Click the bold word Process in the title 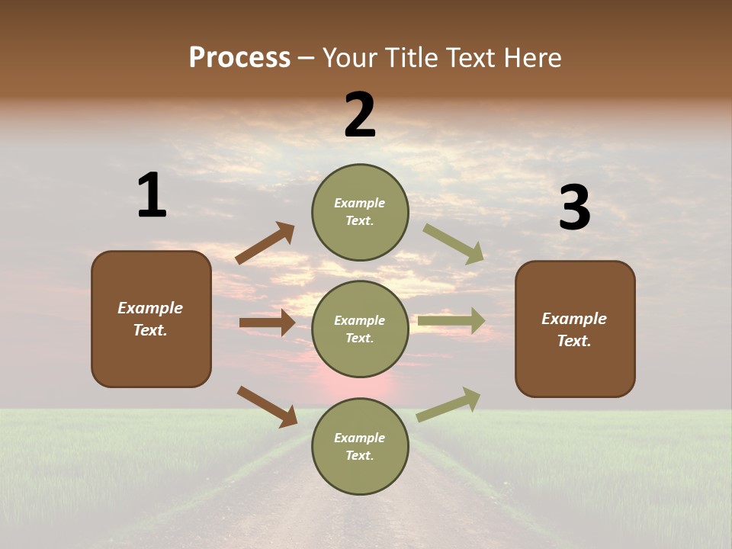click(239, 58)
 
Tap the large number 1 click(152, 196)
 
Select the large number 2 click(360, 116)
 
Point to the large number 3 click(574, 209)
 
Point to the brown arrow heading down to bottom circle click(267, 406)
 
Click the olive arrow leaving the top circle click(453, 243)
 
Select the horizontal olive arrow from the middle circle click(451, 321)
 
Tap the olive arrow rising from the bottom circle click(448, 404)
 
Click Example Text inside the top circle click(360, 212)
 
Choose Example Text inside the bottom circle click(360, 447)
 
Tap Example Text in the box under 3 click(574, 329)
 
